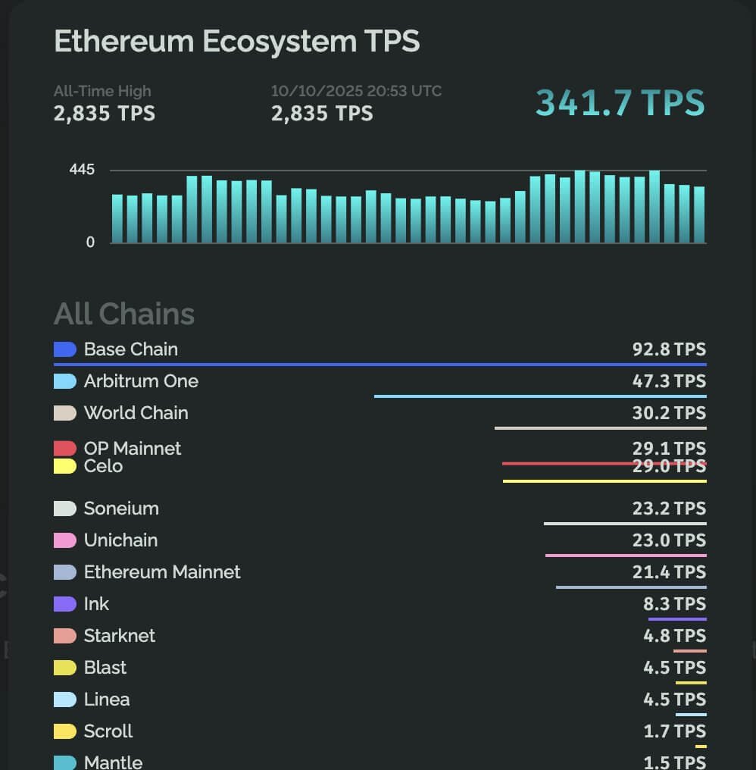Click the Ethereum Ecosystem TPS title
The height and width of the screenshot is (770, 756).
pyautogui.click(x=236, y=41)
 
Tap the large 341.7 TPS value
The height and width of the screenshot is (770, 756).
pyautogui.click(x=620, y=103)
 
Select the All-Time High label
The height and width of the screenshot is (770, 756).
pyautogui.click(x=102, y=91)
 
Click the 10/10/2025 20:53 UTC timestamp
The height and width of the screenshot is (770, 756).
pyautogui.click(x=356, y=91)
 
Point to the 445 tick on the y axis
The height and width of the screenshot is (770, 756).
pyautogui.click(x=82, y=170)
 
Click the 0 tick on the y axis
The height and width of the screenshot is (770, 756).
pyautogui.click(x=91, y=243)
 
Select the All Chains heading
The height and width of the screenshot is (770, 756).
pyautogui.click(x=124, y=314)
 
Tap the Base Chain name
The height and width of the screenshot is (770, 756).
pyautogui.click(x=131, y=349)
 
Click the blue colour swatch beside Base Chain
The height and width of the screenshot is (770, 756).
pyautogui.click(x=65, y=349)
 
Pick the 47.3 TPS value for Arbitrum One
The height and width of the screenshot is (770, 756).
pyautogui.click(x=669, y=381)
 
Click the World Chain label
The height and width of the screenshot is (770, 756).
pyautogui.click(x=136, y=413)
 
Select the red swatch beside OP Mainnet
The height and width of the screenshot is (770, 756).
pyautogui.click(x=65, y=449)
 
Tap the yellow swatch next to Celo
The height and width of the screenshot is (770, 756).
pyautogui.click(x=65, y=466)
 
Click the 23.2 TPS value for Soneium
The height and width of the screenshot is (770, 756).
pyautogui.click(x=669, y=509)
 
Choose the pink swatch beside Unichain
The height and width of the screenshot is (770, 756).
pyautogui.click(x=65, y=540)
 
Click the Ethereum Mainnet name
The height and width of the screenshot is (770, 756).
pyautogui.click(x=162, y=572)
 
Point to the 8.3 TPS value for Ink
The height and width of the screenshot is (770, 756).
pyautogui.click(x=674, y=604)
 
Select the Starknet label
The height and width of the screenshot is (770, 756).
pyautogui.click(x=120, y=636)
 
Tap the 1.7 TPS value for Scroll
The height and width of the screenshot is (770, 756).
pyautogui.click(x=674, y=731)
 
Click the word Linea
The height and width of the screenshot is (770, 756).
pyautogui.click(x=107, y=700)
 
